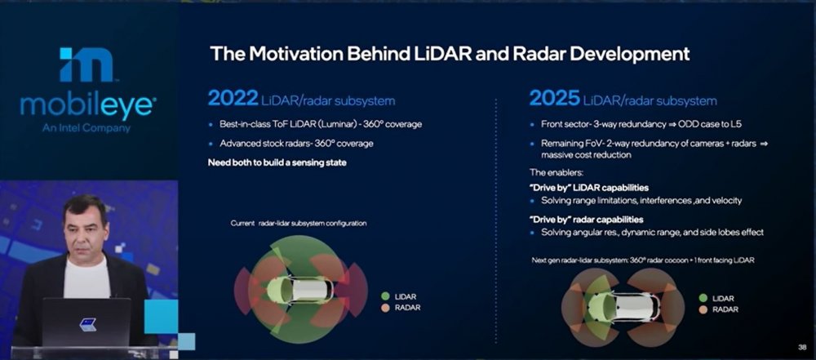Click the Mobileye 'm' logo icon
coord(86,64)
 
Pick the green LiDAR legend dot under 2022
coord(385,296)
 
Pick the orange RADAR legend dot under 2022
coord(385,309)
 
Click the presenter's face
coord(85,224)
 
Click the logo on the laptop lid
coord(87,324)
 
